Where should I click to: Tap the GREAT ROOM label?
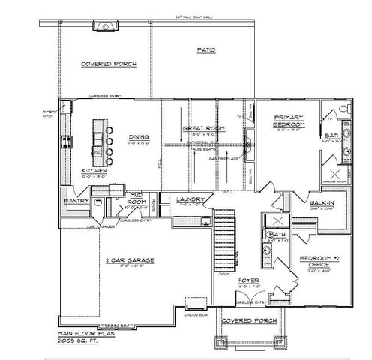[200, 128]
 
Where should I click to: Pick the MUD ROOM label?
[135, 198]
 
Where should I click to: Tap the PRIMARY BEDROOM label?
[288, 121]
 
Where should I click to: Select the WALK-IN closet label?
[322, 202]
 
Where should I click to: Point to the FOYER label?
[248, 282]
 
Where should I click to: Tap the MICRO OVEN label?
[51, 114]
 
